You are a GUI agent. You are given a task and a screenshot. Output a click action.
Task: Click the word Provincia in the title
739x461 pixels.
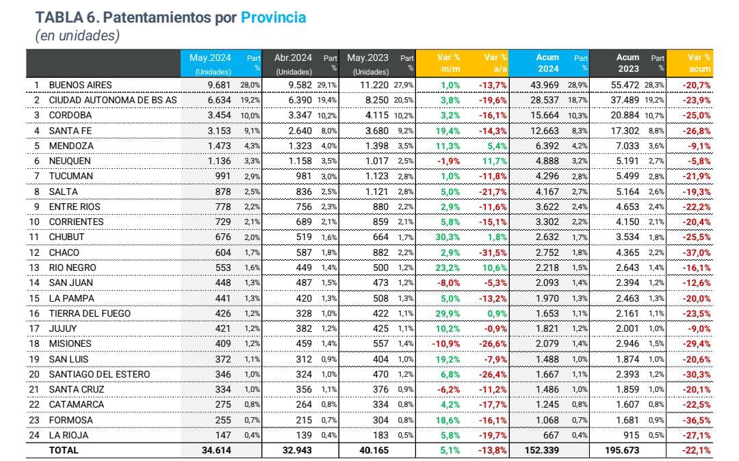[x=273, y=17]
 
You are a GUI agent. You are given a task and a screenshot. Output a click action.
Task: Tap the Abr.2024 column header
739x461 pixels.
[x=294, y=58]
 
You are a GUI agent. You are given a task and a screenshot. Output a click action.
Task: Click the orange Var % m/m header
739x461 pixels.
[x=450, y=63]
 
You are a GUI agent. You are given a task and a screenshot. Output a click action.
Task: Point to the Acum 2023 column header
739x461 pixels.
[x=627, y=63]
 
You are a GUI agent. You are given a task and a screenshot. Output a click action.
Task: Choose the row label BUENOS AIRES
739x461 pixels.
[x=80, y=85]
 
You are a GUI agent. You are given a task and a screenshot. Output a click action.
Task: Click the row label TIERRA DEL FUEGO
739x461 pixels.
[x=89, y=313]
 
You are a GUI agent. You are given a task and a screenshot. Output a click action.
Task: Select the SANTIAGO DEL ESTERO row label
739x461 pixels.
[x=99, y=374]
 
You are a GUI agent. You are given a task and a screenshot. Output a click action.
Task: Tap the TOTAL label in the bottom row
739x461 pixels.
[x=64, y=450]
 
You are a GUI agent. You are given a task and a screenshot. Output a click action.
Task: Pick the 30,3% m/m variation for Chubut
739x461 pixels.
[x=450, y=237]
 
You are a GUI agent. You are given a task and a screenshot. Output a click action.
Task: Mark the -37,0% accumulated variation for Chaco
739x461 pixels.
[x=697, y=252]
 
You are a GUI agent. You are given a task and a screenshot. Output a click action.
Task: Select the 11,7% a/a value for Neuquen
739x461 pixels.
[x=495, y=161]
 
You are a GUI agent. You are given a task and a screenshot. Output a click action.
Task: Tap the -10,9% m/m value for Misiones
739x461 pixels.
[x=448, y=344]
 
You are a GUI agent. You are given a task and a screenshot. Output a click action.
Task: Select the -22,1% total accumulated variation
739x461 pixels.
[x=697, y=450]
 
